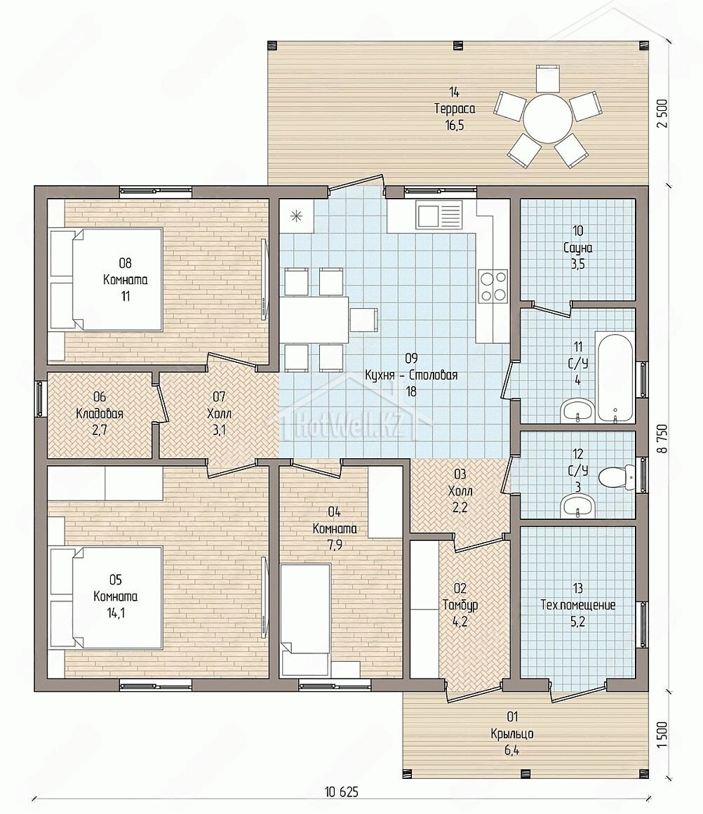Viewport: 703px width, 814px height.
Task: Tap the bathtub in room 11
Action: tap(615, 375)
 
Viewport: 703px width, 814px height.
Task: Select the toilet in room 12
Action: tap(616, 474)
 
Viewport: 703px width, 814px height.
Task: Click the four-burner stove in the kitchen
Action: tap(493, 286)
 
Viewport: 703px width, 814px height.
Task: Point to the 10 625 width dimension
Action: tap(341, 792)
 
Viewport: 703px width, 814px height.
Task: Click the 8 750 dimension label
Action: tap(662, 439)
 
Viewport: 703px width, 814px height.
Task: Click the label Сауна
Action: tap(577, 248)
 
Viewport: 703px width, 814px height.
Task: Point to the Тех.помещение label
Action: tap(578, 605)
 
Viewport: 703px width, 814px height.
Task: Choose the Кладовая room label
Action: tap(99, 414)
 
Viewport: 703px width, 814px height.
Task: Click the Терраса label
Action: tap(455, 109)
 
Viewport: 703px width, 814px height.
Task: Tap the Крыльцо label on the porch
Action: tap(512, 733)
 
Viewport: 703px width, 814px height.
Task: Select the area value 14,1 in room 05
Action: tap(116, 613)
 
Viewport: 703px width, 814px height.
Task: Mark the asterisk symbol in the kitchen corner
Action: tap(297, 216)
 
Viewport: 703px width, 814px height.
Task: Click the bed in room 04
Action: tap(304, 621)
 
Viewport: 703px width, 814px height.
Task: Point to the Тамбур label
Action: tap(460, 605)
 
